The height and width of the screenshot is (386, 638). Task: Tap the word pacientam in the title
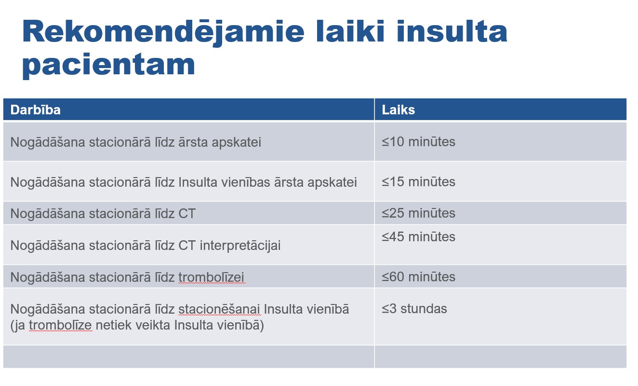109,65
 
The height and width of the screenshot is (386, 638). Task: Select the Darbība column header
35,110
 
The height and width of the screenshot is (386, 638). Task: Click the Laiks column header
398,110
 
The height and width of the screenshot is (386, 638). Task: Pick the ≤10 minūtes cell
418,142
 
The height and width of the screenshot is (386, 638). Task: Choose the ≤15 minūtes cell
418,182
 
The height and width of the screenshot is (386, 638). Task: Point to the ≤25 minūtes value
418,213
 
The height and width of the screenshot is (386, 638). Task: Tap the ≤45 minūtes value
418,237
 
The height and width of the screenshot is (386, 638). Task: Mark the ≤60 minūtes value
418,277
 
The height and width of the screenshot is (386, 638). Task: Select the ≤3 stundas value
414,309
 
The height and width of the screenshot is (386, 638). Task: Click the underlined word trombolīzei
212,277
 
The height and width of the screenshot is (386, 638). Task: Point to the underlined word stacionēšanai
219,310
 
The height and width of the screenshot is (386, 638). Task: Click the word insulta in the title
452,32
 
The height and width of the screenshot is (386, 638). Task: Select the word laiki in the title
351,32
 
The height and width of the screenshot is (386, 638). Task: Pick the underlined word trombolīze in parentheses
60,326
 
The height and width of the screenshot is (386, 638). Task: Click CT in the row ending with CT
187,214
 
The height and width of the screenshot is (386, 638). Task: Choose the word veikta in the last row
153,325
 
